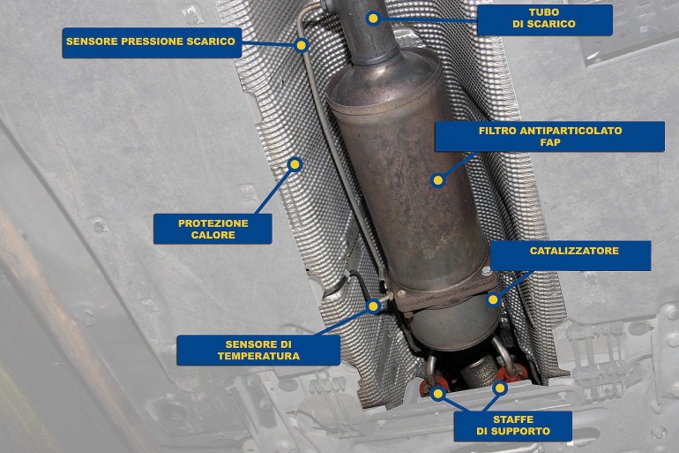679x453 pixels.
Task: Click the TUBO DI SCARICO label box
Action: [545, 19]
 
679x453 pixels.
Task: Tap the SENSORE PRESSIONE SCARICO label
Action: [152, 42]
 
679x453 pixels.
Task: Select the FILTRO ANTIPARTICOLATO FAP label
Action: [549, 136]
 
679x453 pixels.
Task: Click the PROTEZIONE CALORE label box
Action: [213, 229]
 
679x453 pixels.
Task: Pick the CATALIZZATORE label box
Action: [571, 256]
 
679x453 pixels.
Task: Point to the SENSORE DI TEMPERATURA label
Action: [258, 350]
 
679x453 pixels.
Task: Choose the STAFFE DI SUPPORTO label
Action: [512, 426]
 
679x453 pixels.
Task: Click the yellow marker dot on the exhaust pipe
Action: [372, 19]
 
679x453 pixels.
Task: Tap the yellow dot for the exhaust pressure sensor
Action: [302, 45]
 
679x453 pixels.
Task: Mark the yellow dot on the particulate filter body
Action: [437, 179]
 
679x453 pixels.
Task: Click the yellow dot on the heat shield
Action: [295, 164]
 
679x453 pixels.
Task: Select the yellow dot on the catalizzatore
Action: [492, 299]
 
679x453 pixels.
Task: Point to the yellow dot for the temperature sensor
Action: [373, 306]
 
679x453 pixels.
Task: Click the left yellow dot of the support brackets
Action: [438, 393]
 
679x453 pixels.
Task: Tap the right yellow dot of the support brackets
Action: [500, 388]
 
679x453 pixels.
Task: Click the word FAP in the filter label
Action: [550, 142]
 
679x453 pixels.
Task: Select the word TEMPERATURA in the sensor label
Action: [258, 356]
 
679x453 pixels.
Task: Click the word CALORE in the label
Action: [213, 235]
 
